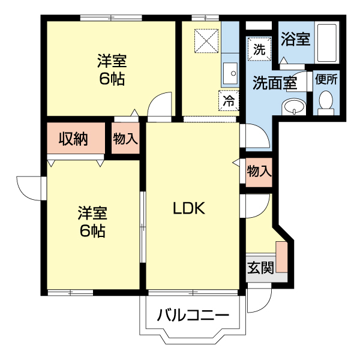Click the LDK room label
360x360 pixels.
(x=189, y=208)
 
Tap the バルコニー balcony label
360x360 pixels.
(x=193, y=315)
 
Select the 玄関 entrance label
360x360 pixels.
(x=260, y=267)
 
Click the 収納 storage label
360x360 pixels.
(x=73, y=139)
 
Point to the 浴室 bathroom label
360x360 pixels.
(x=295, y=40)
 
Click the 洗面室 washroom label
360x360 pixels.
(x=274, y=83)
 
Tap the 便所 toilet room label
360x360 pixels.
(x=326, y=79)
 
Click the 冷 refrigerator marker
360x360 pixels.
(x=229, y=100)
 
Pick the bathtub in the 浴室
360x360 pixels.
(x=326, y=42)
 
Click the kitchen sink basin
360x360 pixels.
(x=230, y=73)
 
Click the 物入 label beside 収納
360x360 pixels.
(x=125, y=139)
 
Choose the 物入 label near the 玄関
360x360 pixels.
(x=259, y=171)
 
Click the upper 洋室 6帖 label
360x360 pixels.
(x=112, y=70)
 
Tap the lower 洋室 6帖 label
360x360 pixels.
(x=92, y=221)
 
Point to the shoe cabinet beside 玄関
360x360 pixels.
(x=281, y=257)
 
